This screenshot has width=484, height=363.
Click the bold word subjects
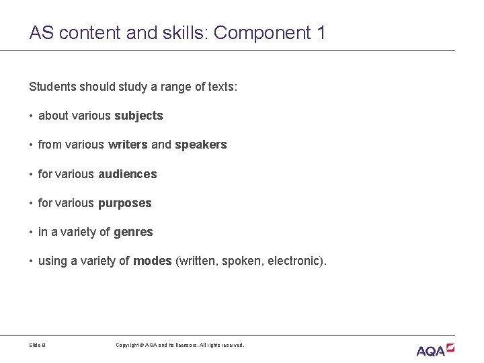pos(138,116)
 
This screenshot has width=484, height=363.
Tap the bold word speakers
pos(200,145)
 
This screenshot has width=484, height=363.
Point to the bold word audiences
pos(127,174)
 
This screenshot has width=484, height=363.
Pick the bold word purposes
pos(124,203)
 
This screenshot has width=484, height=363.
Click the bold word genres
pos(133,232)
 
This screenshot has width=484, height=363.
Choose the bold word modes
pos(153,261)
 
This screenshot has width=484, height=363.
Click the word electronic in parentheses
pos(291,261)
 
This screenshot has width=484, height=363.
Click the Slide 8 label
pos(38,345)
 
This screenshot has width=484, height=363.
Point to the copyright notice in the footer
pos(180,345)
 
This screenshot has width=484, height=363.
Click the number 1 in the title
pos(320,32)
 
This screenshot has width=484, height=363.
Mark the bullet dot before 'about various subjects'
pos(32,116)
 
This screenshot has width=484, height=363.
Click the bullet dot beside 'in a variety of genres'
pos(32,233)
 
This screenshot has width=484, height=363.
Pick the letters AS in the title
pos(39,32)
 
